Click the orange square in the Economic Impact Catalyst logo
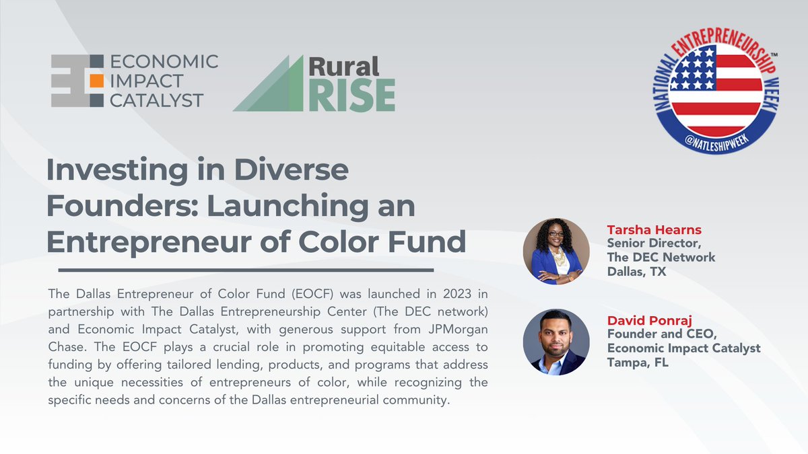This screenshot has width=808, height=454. tap(96, 81)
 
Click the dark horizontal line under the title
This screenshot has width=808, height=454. tap(246, 270)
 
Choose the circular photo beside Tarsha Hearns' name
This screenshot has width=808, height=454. tap(556, 251)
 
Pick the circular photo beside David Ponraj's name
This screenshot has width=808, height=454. tap(556, 342)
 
